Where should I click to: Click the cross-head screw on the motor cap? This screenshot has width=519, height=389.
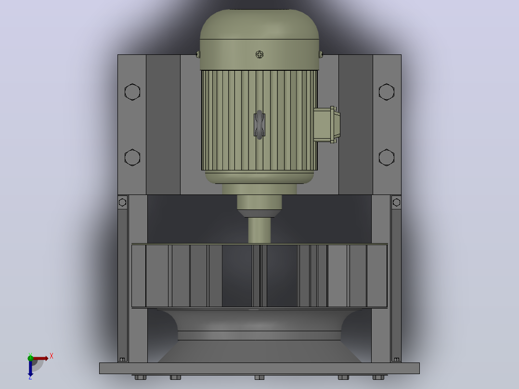pos(259,54)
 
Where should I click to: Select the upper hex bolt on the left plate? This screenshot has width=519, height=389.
pos(132,91)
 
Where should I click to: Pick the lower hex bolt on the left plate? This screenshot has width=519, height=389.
pos(132,157)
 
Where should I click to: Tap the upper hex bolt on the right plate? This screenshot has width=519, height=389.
pos(387,91)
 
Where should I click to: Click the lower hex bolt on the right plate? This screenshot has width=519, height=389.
pos(387,157)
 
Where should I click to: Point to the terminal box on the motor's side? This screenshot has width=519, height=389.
pos(327,125)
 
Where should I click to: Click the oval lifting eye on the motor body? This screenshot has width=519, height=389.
pos(259,125)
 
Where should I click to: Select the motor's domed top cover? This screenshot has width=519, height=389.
pos(259,40)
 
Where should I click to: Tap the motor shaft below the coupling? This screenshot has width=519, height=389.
pos(259,231)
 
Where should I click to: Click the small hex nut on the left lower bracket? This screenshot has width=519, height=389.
pos(122,202)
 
